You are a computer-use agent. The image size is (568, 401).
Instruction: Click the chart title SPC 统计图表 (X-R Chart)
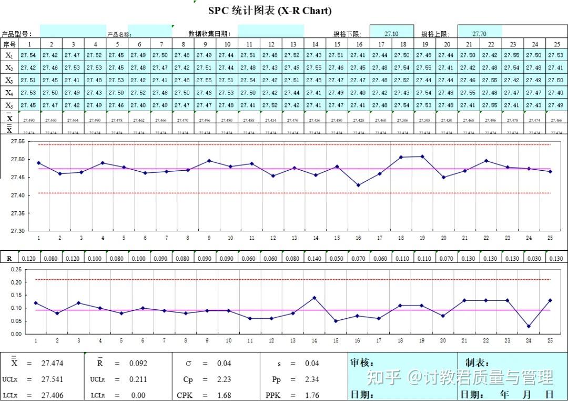pyautogui.click(x=270, y=11)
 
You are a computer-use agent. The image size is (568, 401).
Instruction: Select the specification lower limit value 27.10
pyautogui.click(x=391, y=34)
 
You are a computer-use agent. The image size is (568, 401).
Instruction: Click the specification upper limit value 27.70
pyautogui.click(x=479, y=34)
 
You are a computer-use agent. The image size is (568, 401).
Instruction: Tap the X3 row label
pyautogui.click(x=9, y=80)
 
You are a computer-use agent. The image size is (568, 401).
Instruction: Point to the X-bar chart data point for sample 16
pyautogui.click(x=358, y=185)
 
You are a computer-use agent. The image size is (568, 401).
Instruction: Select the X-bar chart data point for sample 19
pyautogui.click(x=422, y=156)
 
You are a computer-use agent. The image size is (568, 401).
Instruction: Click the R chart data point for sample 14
pyautogui.click(x=315, y=298)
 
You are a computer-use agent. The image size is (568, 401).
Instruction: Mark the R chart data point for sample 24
pyautogui.click(x=529, y=326)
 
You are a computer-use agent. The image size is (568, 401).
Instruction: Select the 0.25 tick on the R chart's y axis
pyautogui.click(x=16, y=269)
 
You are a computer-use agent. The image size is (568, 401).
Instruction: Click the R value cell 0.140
pyautogui.click(x=315, y=259)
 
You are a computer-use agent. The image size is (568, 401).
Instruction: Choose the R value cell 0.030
pyautogui.click(x=534, y=259)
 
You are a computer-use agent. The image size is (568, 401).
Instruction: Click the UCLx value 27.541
pyautogui.click(x=52, y=379)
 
